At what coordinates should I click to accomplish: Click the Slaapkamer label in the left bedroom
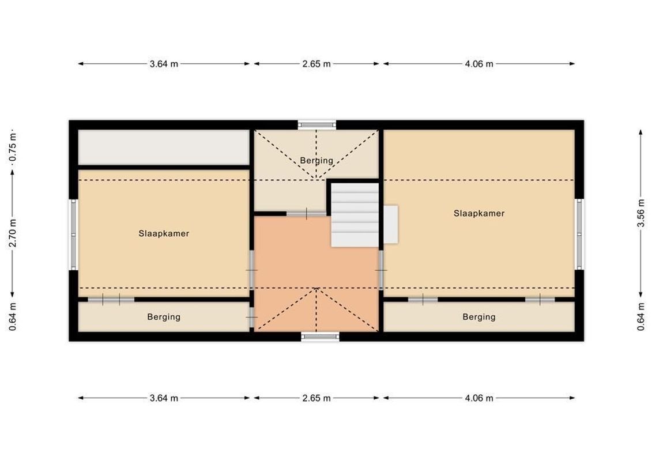(x=164, y=233)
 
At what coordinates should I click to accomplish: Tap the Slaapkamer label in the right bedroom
(x=478, y=213)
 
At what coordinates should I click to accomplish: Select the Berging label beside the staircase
(x=316, y=160)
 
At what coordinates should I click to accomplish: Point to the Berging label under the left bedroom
(x=164, y=316)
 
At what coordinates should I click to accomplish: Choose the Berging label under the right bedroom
(x=478, y=316)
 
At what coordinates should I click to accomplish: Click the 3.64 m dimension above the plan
(x=164, y=64)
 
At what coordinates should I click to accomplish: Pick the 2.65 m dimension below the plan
(x=316, y=398)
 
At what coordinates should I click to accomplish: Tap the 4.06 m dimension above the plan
(x=478, y=64)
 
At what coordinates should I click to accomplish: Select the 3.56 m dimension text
(x=640, y=213)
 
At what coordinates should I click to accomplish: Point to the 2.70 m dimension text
(x=13, y=233)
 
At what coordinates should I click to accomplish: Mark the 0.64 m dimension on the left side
(x=13, y=316)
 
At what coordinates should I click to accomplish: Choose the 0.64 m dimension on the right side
(x=640, y=316)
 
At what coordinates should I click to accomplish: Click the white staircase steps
(x=354, y=214)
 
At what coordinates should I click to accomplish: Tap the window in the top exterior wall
(x=316, y=123)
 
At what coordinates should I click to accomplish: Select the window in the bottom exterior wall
(x=320, y=337)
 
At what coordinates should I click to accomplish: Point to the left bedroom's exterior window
(x=73, y=234)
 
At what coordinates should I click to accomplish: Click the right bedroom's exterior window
(x=579, y=234)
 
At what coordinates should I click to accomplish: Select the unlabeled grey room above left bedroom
(x=164, y=147)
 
